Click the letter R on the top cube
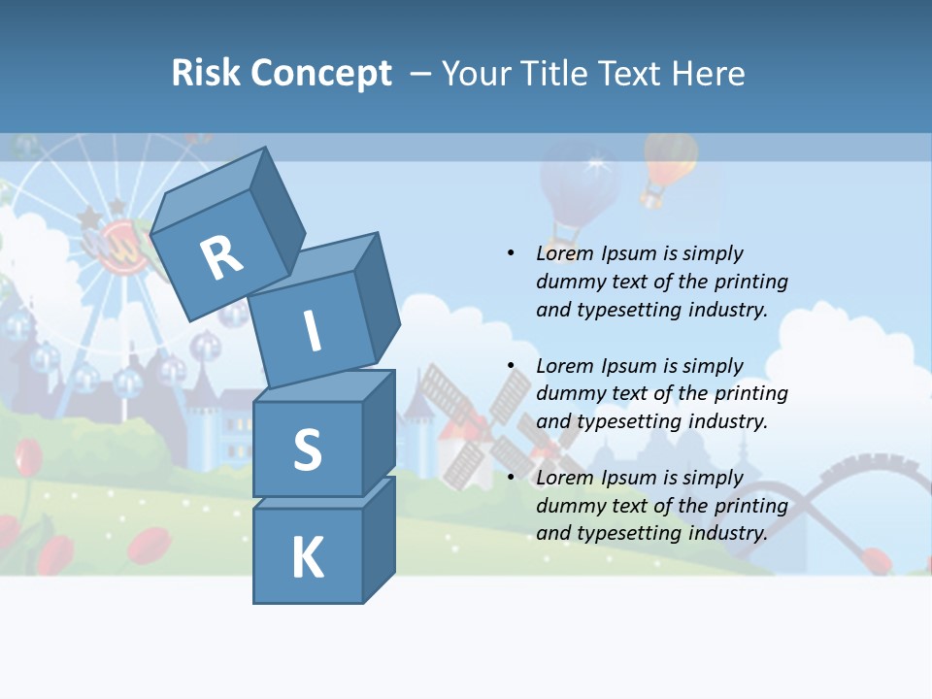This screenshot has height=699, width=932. (x=221, y=258)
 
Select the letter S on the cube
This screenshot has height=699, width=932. (x=307, y=449)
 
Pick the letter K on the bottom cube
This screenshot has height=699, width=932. (x=307, y=558)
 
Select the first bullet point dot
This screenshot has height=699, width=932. (x=511, y=253)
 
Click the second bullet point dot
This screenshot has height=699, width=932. (x=511, y=366)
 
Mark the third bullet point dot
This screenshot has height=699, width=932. (x=511, y=478)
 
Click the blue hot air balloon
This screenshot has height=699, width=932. (x=581, y=189)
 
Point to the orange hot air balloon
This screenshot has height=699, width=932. (x=668, y=165)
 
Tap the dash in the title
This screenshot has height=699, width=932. (x=421, y=73)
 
